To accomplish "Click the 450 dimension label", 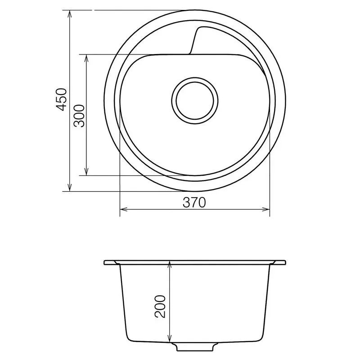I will click(x=62, y=99).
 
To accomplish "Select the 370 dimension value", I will click(x=194, y=202).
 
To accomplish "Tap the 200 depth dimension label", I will click(x=161, y=306).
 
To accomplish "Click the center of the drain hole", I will click(x=194, y=100).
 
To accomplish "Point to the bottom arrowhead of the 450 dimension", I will click(x=70, y=188).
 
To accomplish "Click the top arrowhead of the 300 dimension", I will click(x=86, y=58).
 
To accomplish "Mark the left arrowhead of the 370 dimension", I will click(x=123, y=209).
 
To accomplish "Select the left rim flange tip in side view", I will click(x=105, y=262).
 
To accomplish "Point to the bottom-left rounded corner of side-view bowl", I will click(x=129, y=338).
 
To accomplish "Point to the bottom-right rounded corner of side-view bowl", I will click(x=261, y=338).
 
